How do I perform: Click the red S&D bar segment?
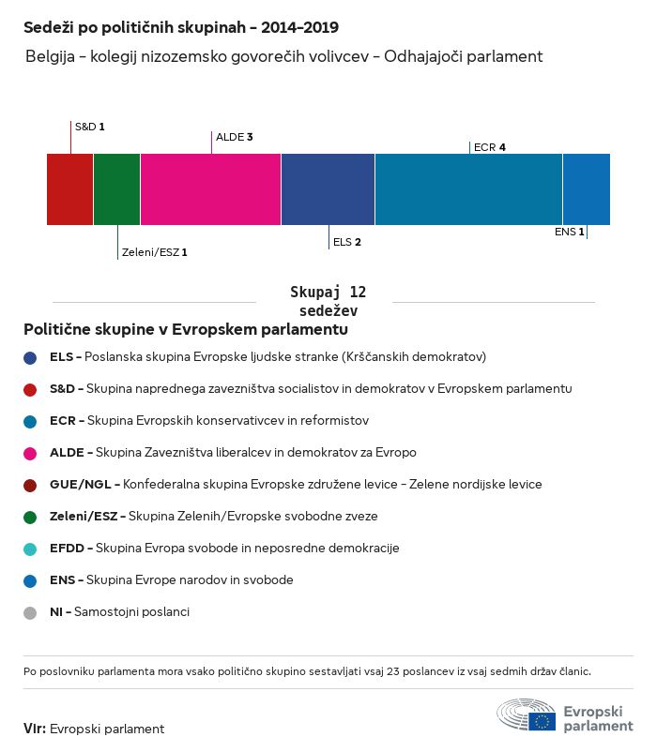point(69,189)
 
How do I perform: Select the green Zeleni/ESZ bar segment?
point(116,189)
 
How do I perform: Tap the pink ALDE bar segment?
point(210,189)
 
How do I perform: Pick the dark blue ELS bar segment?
point(328,189)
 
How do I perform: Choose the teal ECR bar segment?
point(468,189)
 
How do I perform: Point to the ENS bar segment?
point(586,189)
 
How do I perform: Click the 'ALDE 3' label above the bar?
point(235,137)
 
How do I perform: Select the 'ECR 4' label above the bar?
point(490,147)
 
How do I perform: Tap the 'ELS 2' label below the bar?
point(347,242)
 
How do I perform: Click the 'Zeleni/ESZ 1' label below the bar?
point(155,252)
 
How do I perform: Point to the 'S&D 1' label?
point(89,126)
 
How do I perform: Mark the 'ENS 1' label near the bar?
point(570,232)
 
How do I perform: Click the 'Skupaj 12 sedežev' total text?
point(328,302)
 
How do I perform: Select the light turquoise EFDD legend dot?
point(31,549)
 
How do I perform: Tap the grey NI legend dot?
point(31,612)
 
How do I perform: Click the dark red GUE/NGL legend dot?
point(31,485)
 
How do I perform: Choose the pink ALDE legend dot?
point(31,453)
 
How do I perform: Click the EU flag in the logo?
point(542,721)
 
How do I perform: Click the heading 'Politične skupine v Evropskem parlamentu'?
point(186,330)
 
